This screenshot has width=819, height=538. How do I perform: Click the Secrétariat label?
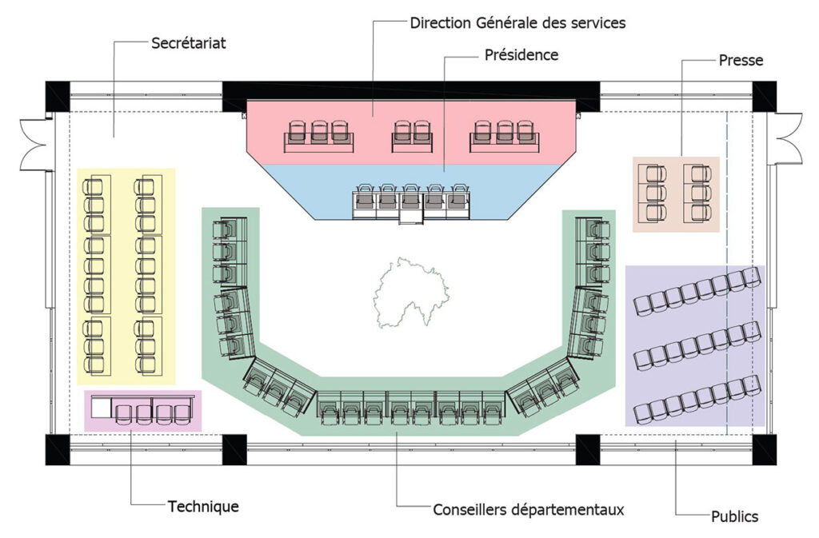[x=189, y=43]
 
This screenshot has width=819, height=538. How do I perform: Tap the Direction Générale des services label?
[x=517, y=22]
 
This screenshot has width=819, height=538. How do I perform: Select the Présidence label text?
[x=521, y=55]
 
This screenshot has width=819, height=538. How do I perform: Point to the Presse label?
[x=741, y=60]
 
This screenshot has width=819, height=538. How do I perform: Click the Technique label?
[x=203, y=506]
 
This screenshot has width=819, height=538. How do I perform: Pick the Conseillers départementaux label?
[x=528, y=509]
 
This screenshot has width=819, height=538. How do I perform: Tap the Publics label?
[x=734, y=516]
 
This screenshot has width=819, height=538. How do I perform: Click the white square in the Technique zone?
[x=101, y=408]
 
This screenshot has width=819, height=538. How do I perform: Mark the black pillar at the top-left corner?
[x=58, y=96]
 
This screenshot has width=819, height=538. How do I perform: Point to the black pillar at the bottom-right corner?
[x=763, y=448]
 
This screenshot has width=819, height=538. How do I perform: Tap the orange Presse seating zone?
[x=676, y=193]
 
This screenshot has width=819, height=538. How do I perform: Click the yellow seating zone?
[x=126, y=276]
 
